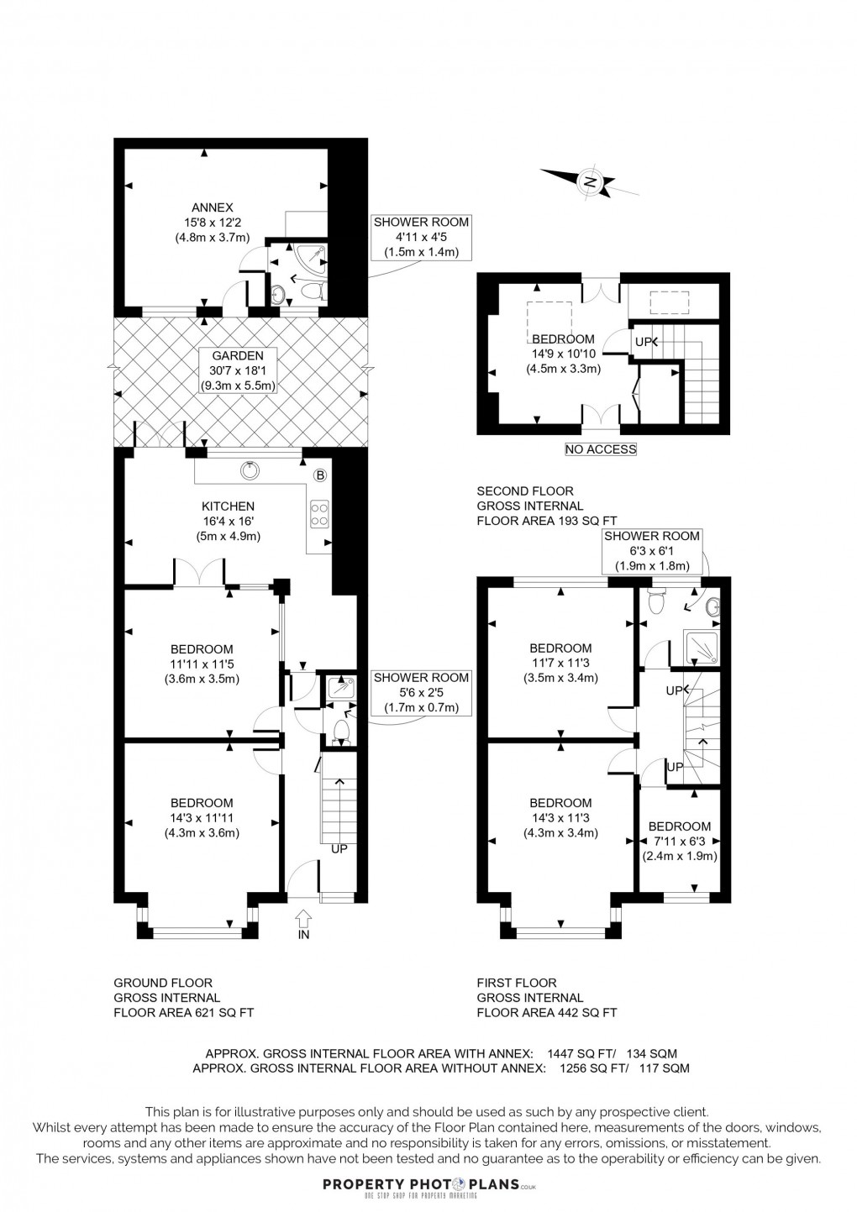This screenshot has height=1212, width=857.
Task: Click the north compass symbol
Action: coord(590,181)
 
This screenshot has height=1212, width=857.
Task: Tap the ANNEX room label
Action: coord(213,222)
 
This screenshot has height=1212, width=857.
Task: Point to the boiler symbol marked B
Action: coord(319,475)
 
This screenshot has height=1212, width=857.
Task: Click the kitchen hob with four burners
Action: coord(319,512)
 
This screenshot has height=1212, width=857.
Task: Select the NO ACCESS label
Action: coord(601,449)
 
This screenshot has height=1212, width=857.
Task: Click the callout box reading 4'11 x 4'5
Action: coord(421,237)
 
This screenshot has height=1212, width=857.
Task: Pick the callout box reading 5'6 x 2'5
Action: coord(421,692)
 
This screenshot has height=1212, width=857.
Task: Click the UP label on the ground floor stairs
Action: coord(339,849)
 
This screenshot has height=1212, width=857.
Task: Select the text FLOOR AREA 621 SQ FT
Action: coord(183,1012)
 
